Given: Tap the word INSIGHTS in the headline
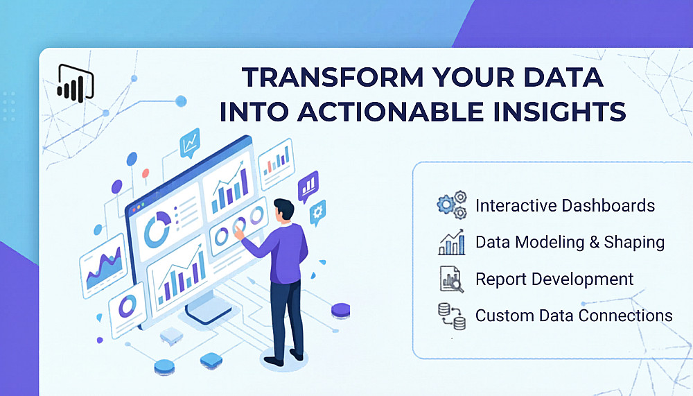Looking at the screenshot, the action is pyautogui.click(x=559, y=112).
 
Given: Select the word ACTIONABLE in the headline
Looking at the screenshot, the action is pyautogui.click(x=391, y=112).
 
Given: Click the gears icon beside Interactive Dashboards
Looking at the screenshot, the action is pyautogui.click(x=452, y=205).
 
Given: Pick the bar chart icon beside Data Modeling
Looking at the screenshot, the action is pyautogui.click(x=451, y=242).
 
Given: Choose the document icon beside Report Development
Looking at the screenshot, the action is pyautogui.click(x=452, y=279).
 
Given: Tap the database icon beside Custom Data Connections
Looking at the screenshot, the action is pyautogui.click(x=452, y=316).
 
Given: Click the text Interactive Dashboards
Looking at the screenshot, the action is pyautogui.click(x=565, y=205).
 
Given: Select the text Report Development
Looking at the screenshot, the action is pyautogui.click(x=554, y=279).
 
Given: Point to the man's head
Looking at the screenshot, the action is pyautogui.click(x=283, y=209).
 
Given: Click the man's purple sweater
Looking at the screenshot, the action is pyautogui.click(x=282, y=252).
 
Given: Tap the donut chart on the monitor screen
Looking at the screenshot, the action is pyautogui.click(x=157, y=229).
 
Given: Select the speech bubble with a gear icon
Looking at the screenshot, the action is pyautogui.click(x=317, y=213).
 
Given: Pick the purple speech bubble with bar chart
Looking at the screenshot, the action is pyautogui.click(x=308, y=186).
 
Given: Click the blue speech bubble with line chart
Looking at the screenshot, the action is pyautogui.click(x=190, y=143).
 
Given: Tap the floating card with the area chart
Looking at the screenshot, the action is pyautogui.click(x=103, y=266).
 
